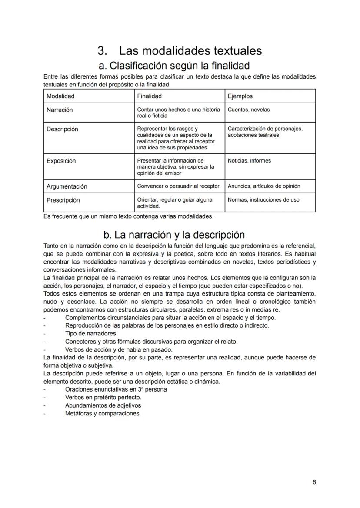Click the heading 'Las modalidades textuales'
click(190, 51)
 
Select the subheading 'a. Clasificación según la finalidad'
click(174, 66)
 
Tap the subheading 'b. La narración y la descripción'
click(174, 235)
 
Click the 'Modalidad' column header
click(60, 96)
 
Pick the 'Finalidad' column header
click(149, 96)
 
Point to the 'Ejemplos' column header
click(240, 96)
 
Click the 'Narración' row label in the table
click(60, 110)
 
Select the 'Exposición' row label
click(61, 161)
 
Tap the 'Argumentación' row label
click(67, 186)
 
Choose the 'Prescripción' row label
click(63, 200)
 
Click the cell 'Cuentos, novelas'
click(248, 110)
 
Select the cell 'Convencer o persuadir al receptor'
click(178, 186)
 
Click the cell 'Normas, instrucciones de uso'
click(263, 200)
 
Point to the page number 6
click(314, 482)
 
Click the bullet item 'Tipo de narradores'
click(90, 334)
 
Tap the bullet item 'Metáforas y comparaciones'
click(102, 413)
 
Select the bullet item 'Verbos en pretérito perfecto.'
click(103, 397)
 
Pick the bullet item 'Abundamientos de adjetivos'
click(103, 405)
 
